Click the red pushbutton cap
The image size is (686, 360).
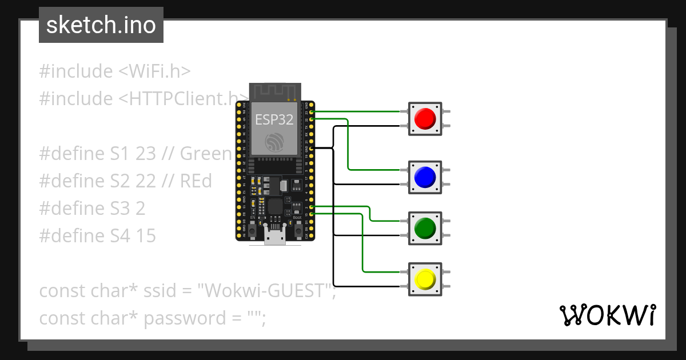coord(425,119)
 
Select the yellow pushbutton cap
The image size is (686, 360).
coord(425,279)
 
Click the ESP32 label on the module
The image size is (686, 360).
coord(274,119)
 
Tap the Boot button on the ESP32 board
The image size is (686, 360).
coord(297,229)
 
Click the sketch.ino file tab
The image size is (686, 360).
coord(101,25)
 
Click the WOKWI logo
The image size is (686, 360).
coord(607,315)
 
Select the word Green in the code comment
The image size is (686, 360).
coord(206,154)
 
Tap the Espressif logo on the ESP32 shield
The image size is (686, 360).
coord(274,142)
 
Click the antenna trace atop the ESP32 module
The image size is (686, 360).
coord(274,91)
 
